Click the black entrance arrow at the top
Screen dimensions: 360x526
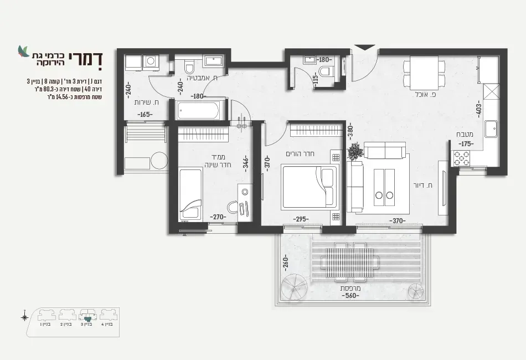[x=363, y=50]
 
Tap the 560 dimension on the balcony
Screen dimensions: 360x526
[x=349, y=295]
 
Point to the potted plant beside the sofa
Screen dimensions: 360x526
[x=354, y=151]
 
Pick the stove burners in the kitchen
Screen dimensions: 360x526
[x=462, y=158]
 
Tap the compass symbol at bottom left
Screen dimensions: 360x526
[x=25, y=317]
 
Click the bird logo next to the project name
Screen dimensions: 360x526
[x=23, y=51]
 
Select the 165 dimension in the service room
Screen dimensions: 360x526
[x=146, y=115]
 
